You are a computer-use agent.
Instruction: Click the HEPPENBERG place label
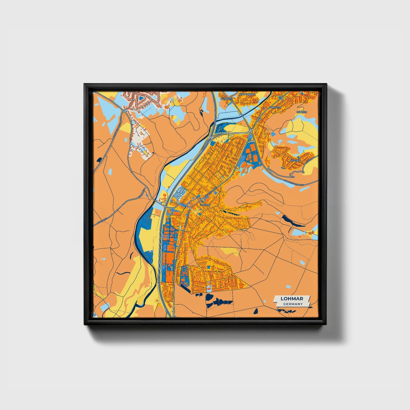pos(247,94)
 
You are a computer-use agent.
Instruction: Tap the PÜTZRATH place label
pos(227,99)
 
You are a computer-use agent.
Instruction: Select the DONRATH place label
pos(274,108)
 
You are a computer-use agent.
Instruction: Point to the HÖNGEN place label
pos(302,112)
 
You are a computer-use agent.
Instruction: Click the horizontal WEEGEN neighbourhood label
pos(295,160)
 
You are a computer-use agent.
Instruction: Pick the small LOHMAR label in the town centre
pos(205,205)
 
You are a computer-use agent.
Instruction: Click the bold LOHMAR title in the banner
pos(292,299)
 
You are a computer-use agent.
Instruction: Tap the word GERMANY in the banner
pos(293,304)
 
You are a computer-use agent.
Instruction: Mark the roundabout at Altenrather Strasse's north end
pos(124,110)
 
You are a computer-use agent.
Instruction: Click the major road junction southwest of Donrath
pos(251,131)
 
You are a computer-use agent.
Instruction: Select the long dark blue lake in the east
pos(292,222)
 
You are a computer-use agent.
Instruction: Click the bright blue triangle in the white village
pos(140,98)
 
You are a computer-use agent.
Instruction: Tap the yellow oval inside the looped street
pos(146,152)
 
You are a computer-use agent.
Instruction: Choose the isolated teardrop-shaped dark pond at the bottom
pos(256,311)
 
